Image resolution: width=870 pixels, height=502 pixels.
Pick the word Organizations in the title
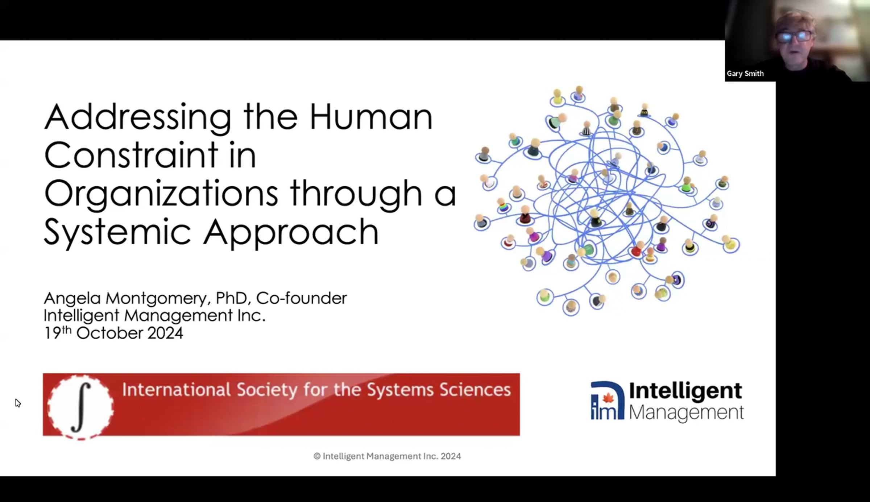161,194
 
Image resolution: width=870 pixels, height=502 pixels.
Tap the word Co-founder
301,298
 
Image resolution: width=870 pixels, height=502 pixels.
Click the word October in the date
109,333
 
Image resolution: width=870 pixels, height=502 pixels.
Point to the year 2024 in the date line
165,333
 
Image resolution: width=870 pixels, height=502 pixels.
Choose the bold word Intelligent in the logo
685,391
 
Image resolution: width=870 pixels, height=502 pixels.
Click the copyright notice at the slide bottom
387,456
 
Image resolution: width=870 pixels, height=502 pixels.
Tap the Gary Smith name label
745,74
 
